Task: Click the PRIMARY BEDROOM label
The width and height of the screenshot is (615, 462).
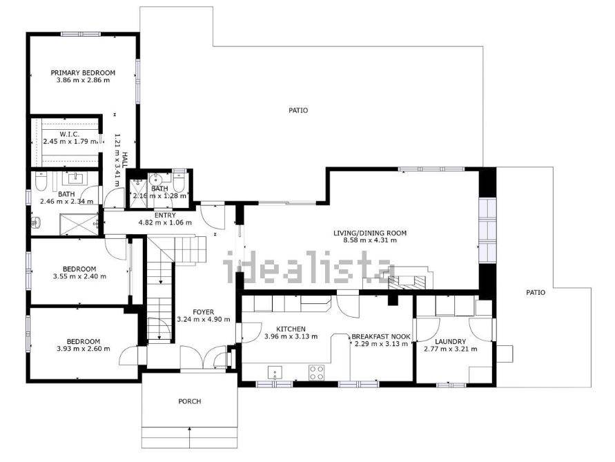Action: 83,73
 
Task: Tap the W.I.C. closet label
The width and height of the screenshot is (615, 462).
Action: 70,134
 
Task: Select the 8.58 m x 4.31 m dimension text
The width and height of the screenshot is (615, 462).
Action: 370,240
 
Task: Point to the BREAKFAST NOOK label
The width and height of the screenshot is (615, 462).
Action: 381,336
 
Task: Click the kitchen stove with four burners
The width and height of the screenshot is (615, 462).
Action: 317,373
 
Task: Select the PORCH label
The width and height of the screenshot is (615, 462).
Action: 189,401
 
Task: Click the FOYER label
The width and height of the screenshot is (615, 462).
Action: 204,312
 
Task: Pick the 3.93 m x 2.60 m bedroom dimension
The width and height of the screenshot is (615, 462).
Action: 82,349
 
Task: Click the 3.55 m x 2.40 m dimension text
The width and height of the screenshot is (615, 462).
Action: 79,276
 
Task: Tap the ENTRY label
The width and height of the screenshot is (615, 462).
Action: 165,215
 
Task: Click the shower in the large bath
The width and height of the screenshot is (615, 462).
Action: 79,224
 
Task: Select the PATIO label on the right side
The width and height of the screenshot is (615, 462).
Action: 536,292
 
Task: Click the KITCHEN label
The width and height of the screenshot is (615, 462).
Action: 291,329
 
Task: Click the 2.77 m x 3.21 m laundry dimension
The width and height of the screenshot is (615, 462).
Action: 451,349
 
